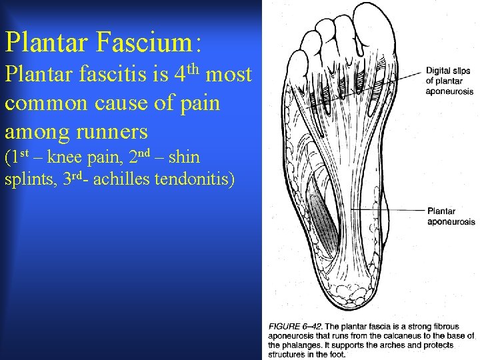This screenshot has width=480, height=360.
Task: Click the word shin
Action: (x=185, y=159)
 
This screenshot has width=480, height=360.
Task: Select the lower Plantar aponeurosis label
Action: (x=451, y=217)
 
